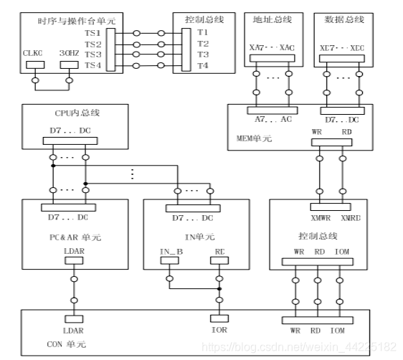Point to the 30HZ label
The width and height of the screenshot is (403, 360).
pyautogui.click(x=69, y=52)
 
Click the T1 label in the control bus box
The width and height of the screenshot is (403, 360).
pyautogui.click(x=203, y=32)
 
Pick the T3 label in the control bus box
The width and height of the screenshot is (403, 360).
pyautogui.click(x=203, y=55)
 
